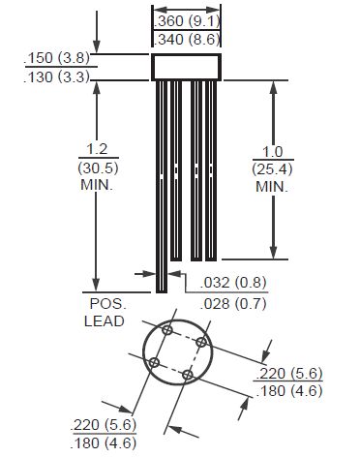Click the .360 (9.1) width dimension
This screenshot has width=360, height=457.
(187, 21)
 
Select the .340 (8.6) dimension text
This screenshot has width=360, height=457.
(187, 40)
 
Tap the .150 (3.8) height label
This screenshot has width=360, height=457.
(57, 58)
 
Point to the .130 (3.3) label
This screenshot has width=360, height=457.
(57, 77)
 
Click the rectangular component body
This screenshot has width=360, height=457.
(187, 67)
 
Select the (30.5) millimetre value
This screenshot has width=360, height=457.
(99, 168)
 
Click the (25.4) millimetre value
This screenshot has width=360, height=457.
(273, 169)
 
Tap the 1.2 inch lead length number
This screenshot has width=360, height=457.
(98, 149)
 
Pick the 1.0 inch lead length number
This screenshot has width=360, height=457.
(273, 151)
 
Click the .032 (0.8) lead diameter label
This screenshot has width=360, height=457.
(233, 283)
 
